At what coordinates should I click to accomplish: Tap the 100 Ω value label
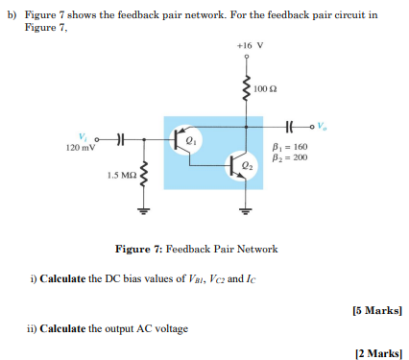point(266,89)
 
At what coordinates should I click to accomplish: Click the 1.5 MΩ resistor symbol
point(144,176)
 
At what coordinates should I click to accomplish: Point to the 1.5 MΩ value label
point(121,177)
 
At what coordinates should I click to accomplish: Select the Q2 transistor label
point(249,165)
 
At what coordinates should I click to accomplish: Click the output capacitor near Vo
point(290,124)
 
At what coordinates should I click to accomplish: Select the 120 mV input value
point(82,148)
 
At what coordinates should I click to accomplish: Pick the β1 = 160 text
point(289,146)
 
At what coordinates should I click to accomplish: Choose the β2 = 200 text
point(289,156)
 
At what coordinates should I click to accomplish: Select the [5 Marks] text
point(377,310)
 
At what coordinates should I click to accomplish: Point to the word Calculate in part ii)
point(62,328)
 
